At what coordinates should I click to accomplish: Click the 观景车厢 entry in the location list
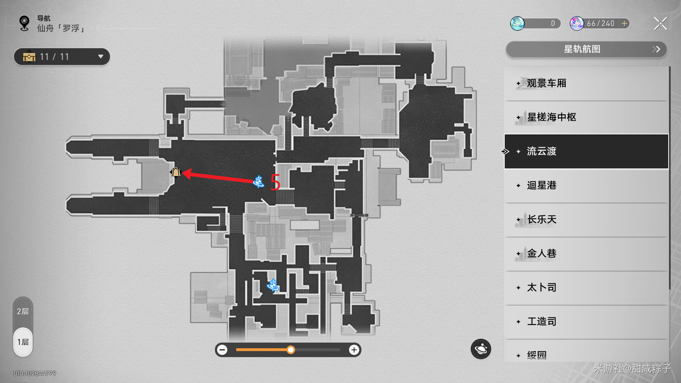586,83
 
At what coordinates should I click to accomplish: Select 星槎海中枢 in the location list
586,117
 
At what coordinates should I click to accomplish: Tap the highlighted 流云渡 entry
586,151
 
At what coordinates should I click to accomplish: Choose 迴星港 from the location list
586,185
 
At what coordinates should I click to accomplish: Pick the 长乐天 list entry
586,220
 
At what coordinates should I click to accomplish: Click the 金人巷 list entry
586,254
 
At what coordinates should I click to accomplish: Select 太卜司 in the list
586,288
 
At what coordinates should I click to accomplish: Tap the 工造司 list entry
586,322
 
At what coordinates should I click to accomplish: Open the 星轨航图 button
586,49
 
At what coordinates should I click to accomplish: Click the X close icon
660,24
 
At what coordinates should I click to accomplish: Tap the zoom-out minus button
222,350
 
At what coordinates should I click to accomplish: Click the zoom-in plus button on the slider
354,350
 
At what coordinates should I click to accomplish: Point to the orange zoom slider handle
291,350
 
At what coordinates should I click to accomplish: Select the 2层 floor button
23,311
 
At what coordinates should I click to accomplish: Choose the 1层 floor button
23,342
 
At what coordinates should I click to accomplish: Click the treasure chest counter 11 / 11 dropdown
62,57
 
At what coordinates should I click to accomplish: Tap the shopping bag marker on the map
176,172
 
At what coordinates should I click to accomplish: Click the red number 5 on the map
275,182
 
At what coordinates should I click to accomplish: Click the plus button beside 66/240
624,23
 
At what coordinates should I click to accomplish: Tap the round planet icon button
481,349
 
